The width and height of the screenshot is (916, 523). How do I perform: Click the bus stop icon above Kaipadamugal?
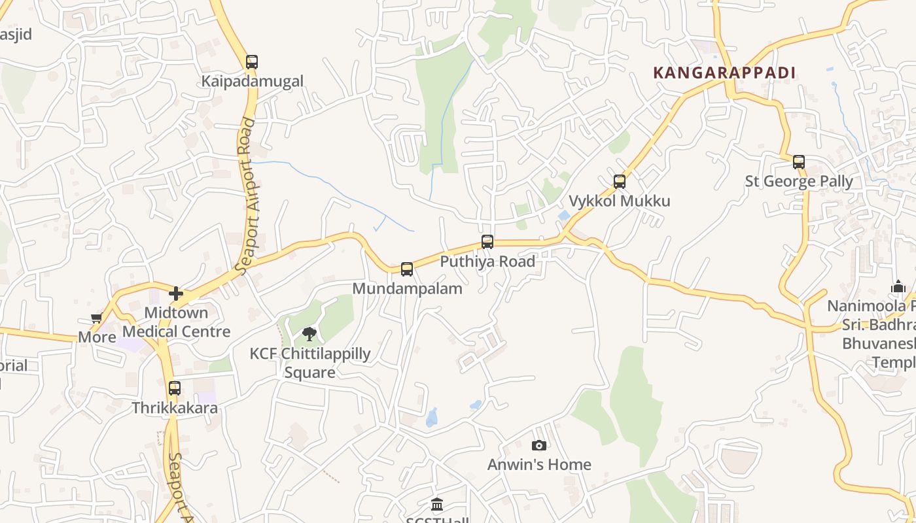252,62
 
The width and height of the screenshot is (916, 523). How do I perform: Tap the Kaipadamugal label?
252,82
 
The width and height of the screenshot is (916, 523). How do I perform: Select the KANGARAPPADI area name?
724,73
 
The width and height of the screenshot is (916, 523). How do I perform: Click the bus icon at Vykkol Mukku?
620,182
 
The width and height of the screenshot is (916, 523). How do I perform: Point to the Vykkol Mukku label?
620,201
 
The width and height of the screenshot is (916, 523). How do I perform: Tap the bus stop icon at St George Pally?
799,162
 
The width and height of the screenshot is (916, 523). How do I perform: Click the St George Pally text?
799,181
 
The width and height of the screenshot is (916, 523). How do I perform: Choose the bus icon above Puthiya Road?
487,242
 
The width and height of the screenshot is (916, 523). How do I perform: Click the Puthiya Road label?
487,261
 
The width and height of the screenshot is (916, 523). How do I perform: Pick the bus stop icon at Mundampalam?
407,269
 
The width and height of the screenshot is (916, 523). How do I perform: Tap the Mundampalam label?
407,288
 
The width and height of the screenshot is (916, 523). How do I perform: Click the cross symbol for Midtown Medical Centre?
176,294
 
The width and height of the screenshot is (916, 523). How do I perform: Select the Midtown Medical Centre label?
177,322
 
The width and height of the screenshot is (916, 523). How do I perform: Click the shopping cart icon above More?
97,318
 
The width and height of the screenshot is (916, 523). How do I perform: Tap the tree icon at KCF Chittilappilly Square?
309,335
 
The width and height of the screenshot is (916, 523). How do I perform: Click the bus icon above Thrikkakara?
175,388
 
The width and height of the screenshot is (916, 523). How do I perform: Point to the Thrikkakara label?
175,408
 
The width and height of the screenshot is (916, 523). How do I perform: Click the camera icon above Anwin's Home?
539,445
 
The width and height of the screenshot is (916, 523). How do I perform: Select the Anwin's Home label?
539,465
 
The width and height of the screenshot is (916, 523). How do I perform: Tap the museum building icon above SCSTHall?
437,505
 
